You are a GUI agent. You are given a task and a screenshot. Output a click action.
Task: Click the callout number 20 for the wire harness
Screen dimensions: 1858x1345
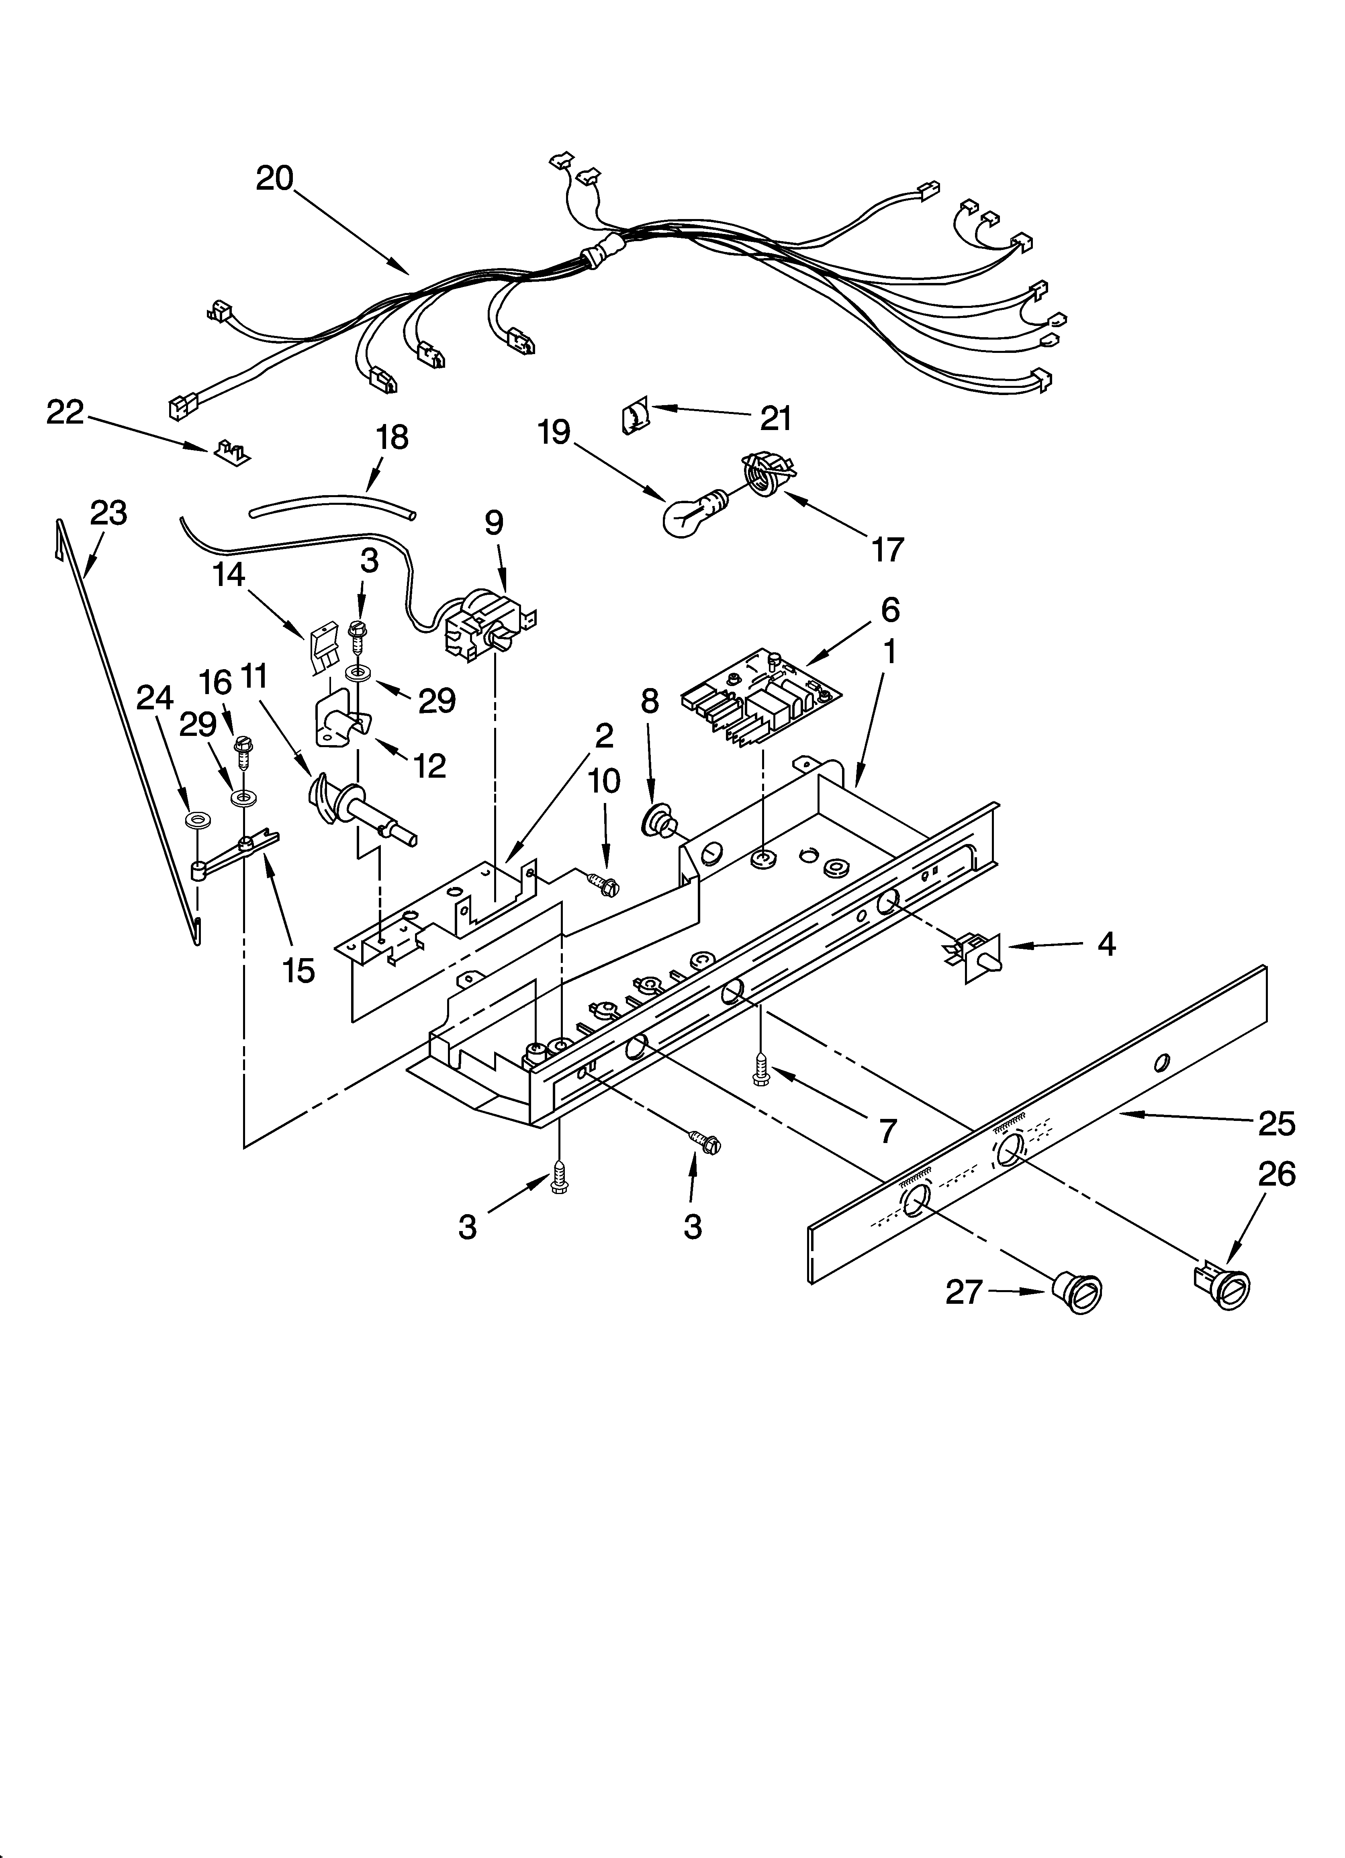[274, 178]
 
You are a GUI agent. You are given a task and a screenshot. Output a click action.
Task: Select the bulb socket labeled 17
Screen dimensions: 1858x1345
[763, 475]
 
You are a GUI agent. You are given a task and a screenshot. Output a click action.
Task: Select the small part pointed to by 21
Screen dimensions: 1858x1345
[635, 417]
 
